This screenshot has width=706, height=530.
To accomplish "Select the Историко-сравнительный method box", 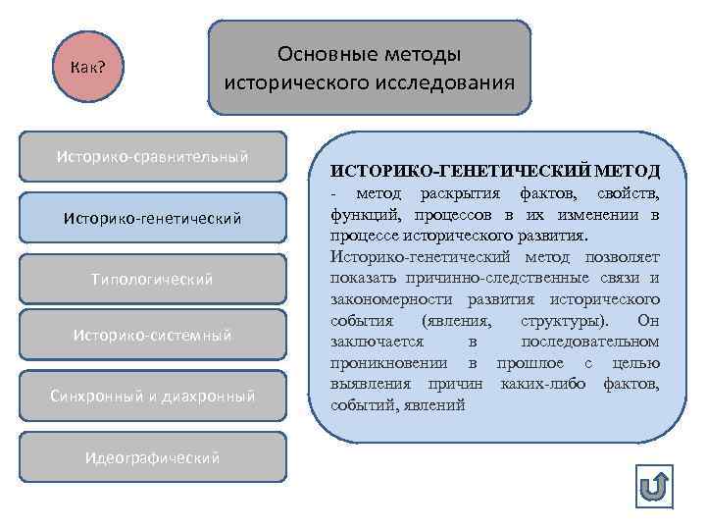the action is point(153,157).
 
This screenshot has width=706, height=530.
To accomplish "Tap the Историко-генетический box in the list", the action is point(153,217).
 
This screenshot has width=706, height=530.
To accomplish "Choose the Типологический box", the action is point(153,279).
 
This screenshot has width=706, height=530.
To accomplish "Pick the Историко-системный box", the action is point(153,336).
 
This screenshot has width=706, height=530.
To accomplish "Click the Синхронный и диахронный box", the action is point(153,396).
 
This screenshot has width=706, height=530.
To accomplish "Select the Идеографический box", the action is point(153,456).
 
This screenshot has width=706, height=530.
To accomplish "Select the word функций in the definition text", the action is point(361,215).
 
